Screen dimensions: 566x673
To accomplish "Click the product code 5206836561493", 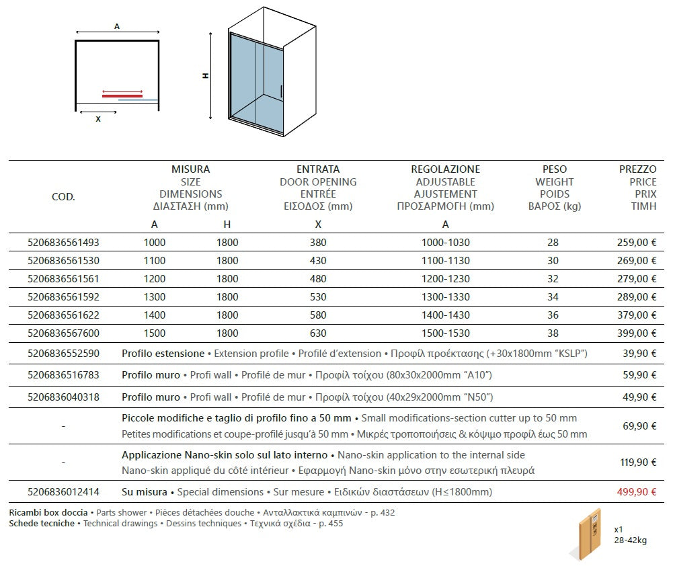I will tap(63, 242).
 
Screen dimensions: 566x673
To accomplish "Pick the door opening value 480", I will tap(318, 278).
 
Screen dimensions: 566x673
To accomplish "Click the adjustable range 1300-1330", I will tap(445, 296).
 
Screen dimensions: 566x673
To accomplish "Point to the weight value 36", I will tap(553, 315).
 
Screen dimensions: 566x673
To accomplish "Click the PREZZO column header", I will tap(637, 169).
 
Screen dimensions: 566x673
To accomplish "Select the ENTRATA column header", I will tap(318, 169).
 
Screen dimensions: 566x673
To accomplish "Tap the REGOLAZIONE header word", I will tap(445, 169).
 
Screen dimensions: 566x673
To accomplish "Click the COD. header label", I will tap(63, 197).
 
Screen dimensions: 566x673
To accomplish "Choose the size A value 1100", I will tap(155, 260).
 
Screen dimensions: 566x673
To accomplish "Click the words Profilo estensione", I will tap(163, 353).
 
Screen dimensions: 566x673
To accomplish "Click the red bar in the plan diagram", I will tap(122, 95).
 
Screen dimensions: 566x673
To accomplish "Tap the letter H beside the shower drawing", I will tap(206, 76).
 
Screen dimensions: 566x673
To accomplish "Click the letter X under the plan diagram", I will tap(98, 119).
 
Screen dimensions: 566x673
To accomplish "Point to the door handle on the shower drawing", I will tap(280, 92).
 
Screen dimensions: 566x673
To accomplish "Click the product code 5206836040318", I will tap(63, 397).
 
